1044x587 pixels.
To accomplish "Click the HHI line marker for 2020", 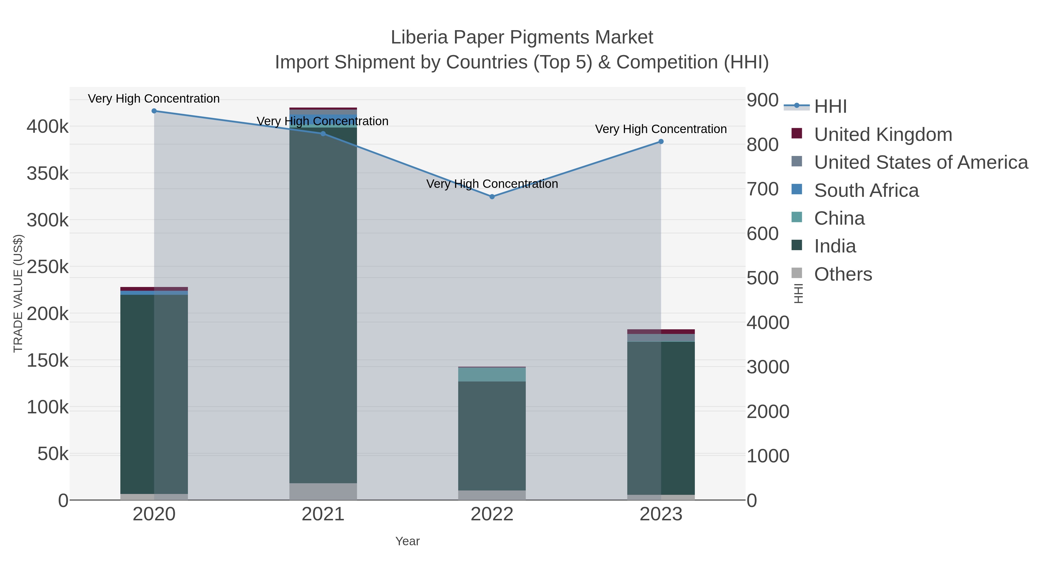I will (154, 111).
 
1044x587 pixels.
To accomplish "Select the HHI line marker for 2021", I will (323, 134).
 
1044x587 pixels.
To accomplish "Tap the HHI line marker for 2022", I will (492, 197).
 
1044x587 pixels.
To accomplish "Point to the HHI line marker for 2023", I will (661, 142).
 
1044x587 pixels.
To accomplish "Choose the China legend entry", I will (839, 218).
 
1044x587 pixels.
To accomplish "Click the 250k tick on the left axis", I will (48, 267).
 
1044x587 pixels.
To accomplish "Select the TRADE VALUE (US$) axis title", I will (18, 293).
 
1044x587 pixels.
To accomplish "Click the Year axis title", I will (407, 541).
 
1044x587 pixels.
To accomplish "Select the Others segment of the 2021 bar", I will (323, 491).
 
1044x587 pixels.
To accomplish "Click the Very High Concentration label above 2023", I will (661, 129).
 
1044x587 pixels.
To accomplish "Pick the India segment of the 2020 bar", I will (154, 393).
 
